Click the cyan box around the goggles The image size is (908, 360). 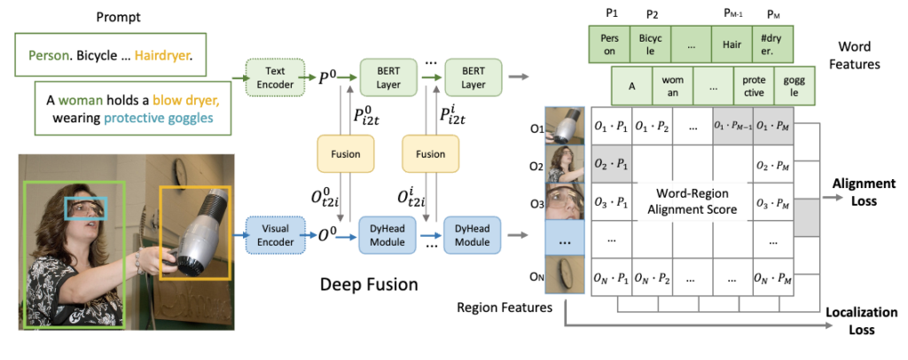(x=87, y=207)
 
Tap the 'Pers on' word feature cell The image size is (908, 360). (x=607, y=44)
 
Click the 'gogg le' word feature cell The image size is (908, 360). (x=791, y=86)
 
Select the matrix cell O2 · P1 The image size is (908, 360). (x=611, y=164)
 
